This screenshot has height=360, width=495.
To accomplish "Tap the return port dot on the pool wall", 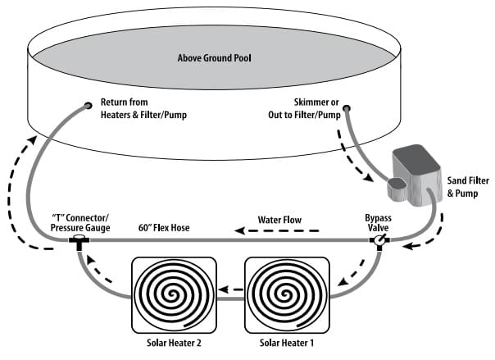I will coord(87,106).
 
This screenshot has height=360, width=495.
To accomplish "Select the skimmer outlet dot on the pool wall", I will coord(347,107).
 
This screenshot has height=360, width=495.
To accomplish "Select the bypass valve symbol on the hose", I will coord(379,241).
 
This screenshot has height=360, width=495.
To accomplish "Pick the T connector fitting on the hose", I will coord(79,242).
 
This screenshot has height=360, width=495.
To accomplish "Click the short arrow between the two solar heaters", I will coord(231,289).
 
